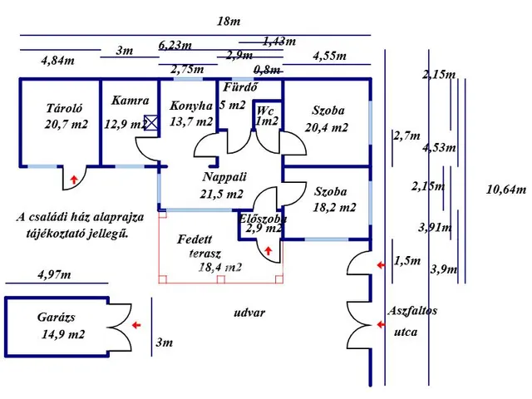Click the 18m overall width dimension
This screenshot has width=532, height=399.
tap(229, 22)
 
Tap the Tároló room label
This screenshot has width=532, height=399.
tap(65, 108)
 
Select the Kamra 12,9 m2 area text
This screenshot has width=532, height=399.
tap(126, 124)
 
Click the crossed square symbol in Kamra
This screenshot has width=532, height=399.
tap(151, 123)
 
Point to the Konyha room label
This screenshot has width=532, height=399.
tap(191, 106)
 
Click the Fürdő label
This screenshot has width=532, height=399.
tap(240, 87)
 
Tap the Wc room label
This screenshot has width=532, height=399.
tap(265, 111)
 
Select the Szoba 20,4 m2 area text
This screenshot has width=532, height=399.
tap(327, 127)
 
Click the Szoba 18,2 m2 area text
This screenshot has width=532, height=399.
tap(334, 207)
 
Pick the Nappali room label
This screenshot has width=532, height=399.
tap(224, 177)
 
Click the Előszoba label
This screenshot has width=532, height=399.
tap(263, 218)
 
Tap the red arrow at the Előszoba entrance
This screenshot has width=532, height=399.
tap(268, 251)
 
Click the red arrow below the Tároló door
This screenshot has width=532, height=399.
tap(74, 180)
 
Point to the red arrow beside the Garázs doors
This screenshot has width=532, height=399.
tap(136, 325)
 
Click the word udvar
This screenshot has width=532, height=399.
tap(249, 313)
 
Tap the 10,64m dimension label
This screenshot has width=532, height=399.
tap(506, 190)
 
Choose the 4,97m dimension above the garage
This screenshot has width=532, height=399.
tap(54, 274)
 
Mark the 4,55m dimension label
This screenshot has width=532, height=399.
tap(329, 56)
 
